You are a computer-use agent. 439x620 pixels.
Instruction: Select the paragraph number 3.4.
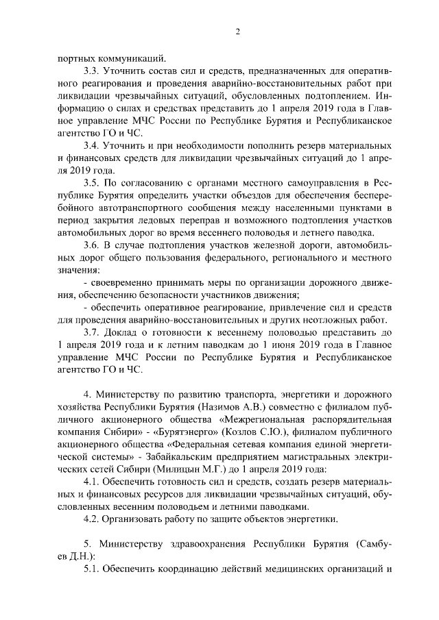point(91,147)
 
